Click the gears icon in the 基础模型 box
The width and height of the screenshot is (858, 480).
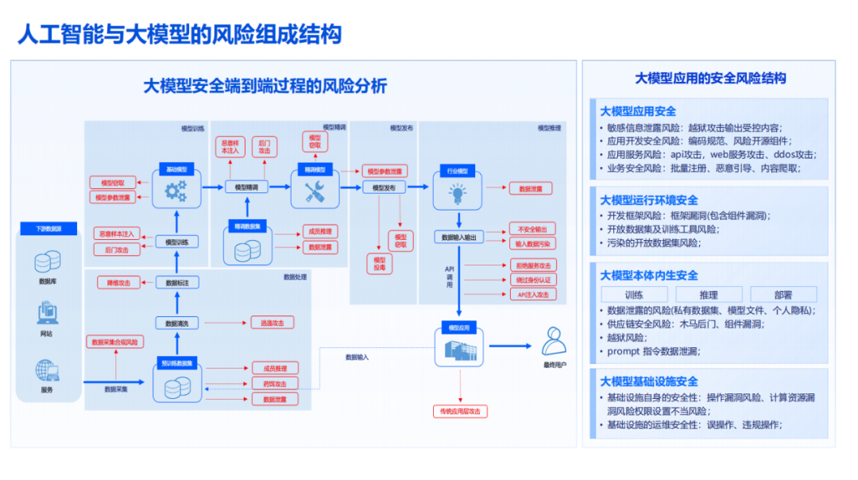click(x=176, y=190)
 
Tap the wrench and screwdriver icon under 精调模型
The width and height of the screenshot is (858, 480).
click(x=315, y=190)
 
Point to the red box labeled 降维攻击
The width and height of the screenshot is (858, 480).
click(x=118, y=282)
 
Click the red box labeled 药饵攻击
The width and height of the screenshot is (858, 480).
click(x=275, y=384)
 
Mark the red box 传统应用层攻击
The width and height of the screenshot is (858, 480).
click(x=460, y=411)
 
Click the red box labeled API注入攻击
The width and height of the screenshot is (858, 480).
click(x=533, y=294)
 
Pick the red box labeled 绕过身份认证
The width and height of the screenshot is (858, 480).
click(x=533, y=280)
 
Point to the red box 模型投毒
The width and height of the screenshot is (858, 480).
click(x=380, y=264)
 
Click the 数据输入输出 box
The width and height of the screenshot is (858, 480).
click(x=458, y=237)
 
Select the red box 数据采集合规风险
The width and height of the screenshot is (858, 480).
click(x=115, y=342)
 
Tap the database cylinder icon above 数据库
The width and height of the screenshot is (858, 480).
click(x=48, y=261)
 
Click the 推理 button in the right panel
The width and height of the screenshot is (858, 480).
click(x=709, y=294)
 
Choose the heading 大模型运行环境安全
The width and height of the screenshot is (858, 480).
click(x=649, y=200)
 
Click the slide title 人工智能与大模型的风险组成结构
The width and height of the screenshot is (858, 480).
click(x=180, y=33)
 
